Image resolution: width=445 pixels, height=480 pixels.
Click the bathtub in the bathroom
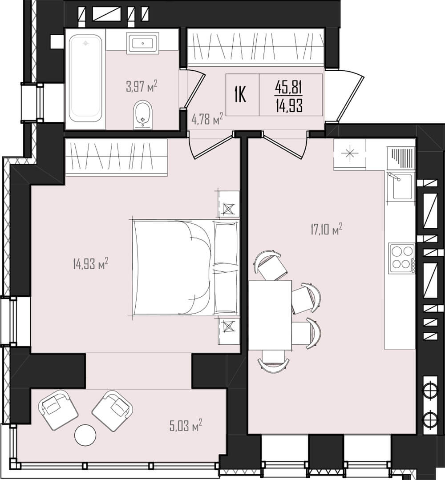[x=85, y=78]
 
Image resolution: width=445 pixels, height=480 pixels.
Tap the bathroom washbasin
[x=143, y=43]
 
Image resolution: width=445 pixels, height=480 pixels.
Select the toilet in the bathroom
[x=143, y=114]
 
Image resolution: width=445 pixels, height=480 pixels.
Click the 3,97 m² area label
[x=142, y=86]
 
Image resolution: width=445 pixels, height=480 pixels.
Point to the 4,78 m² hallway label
[x=207, y=119]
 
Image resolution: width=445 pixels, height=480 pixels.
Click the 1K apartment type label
[x=240, y=95]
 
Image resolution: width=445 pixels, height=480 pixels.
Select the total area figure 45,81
[x=289, y=88]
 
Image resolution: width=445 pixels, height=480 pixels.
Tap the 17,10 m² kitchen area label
[x=326, y=230]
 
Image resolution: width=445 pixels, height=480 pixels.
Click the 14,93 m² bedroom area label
[x=90, y=263]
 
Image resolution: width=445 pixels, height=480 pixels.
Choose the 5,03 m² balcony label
[x=186, y=426]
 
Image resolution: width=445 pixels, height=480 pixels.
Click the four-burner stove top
[x=402, y=258]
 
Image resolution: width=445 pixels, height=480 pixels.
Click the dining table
[x=270, y=315]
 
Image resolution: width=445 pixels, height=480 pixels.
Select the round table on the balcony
[x=85, y=435]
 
